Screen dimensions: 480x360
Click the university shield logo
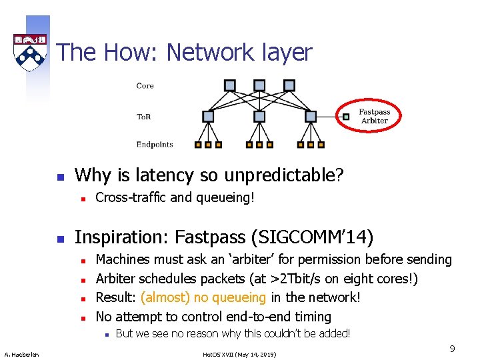pos(30,52)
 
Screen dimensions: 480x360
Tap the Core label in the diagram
pos(145,86)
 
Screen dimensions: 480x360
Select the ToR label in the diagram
pos(143,117)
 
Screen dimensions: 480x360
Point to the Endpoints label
pos(155,144)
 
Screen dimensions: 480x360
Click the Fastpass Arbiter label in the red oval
pos(374,116)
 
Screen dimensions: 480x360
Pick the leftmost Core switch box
pos(230,85)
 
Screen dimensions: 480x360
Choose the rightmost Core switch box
pos(289,85)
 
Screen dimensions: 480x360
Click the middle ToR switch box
pos(259,117)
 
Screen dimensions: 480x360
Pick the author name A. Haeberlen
pos(22,353)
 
